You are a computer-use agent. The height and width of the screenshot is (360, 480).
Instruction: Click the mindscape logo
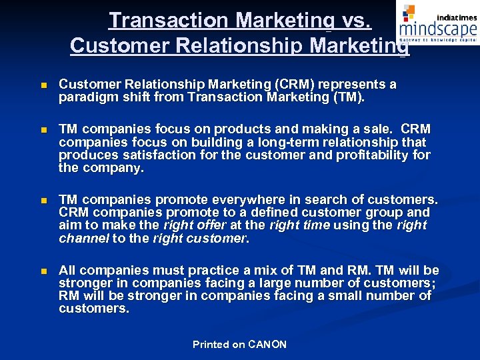click(437, 25)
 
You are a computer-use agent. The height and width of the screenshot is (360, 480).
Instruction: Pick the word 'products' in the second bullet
click(244, 129)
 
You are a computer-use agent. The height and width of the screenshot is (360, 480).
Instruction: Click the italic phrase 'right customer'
click(199, 238)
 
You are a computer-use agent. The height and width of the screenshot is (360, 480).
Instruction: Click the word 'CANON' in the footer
click(267, 345)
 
